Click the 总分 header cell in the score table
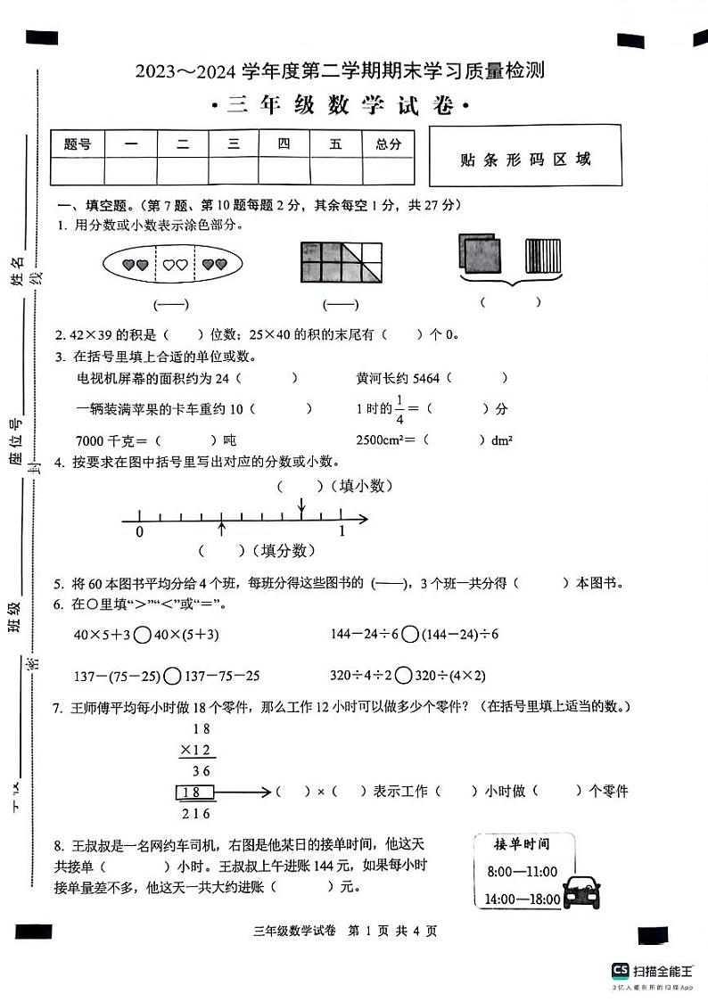point(388,144)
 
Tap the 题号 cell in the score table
point(78,144)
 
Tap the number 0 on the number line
point(139,531)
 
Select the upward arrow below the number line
point(221,530)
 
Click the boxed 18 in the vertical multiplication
point(198,792)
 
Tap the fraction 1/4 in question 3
point(400,408)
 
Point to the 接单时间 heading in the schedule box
point(522,843)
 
